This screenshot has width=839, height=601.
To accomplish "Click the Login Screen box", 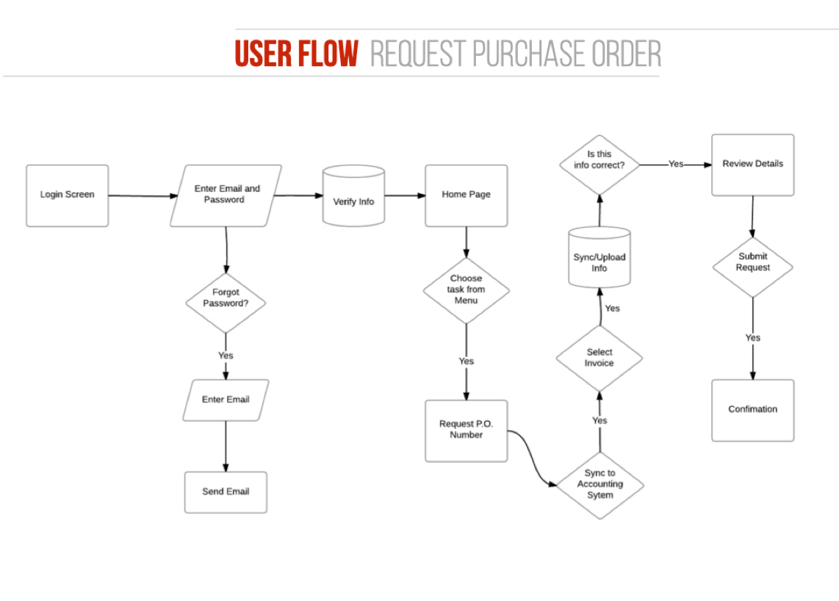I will pos(67,195).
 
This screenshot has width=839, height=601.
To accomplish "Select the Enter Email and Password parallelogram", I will pos(226,195).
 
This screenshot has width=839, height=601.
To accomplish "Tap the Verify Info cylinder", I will pos(353,196).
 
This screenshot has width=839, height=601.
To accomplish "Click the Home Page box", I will pos(466,195).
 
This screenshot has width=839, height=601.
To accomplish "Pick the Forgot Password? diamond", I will pos(225,298).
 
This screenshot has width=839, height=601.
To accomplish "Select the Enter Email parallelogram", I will pos(226,400).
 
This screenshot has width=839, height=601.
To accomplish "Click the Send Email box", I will pos(226,492).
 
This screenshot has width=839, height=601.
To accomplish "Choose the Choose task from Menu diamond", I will pos(466,289).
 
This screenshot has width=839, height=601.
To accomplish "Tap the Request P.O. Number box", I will pos(466,430).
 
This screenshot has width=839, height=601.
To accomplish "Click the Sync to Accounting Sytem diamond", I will pos(599,484).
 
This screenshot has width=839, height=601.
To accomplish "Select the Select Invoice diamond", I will pos(599,358).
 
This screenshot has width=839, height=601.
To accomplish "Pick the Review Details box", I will pos(752,165).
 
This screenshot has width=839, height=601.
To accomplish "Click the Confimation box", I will pos(752,410).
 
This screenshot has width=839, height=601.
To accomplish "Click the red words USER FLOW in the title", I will pos(297,54).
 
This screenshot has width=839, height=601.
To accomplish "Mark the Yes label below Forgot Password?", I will pos(226,356).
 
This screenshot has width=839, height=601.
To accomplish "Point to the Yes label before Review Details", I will pos(676,164).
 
